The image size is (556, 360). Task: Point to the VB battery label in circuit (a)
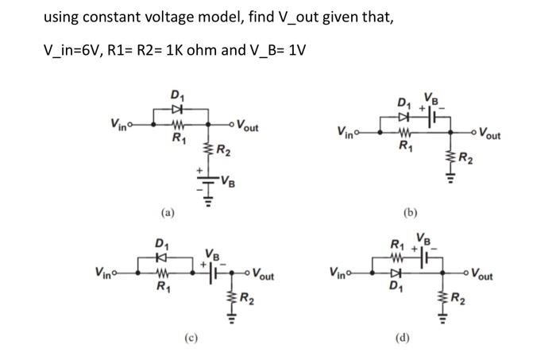pos(228,178)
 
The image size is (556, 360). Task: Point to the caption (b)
pos(410,212)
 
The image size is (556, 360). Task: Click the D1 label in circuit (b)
pos(406,103)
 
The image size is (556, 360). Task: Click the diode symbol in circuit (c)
pos(161,259)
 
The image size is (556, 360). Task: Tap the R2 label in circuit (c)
pos(249,299)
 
